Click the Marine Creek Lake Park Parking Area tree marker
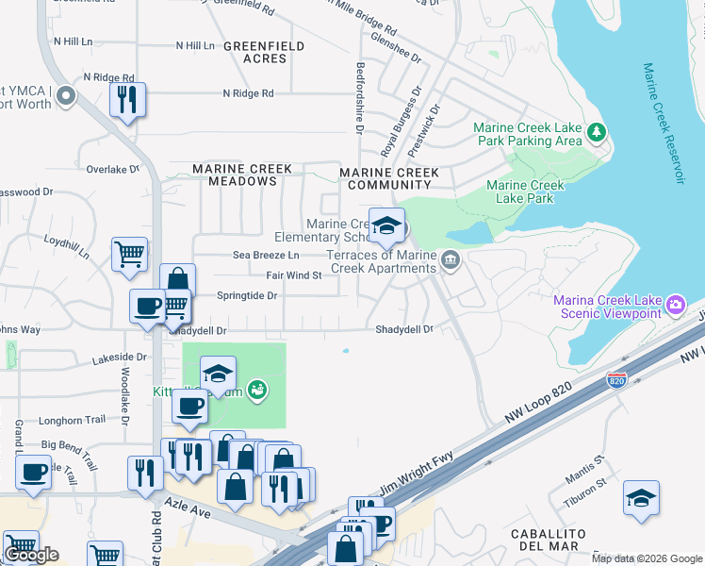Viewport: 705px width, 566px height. click(596, 133)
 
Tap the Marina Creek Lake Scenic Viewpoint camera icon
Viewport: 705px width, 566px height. click(675, 305)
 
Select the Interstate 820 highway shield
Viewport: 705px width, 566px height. click(616, 380)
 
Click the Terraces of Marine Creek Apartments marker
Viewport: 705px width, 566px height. click(451, 260)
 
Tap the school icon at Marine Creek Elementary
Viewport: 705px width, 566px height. click(386, 226)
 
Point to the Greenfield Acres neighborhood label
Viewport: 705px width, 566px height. click(263, 52)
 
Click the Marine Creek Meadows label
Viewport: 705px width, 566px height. click(241, 175)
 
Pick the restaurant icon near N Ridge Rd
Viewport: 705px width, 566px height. click(126, 99)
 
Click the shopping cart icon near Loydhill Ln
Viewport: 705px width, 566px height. click(129, 253)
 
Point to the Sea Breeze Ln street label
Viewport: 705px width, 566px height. click(266, 256)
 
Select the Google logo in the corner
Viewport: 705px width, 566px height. click(31, 555)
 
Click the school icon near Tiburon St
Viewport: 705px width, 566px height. click(641, 497)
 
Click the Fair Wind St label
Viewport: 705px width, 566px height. click(294, 275)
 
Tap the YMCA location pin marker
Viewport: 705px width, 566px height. click(65, 95)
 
